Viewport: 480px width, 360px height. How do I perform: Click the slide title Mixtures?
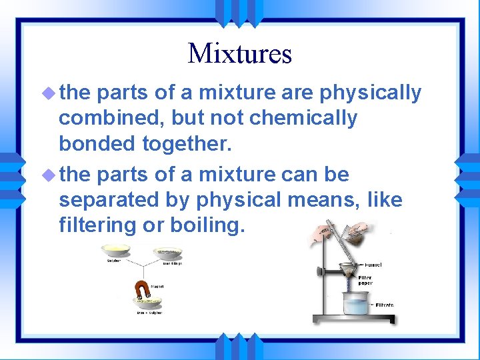[240, 53]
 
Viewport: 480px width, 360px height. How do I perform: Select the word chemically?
[303, 118]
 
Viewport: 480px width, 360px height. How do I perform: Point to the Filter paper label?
[365, 281]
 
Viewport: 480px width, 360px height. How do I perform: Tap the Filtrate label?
[384, 305]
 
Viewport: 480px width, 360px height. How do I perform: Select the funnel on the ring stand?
[347, 271]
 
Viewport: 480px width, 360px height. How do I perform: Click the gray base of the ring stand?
[353, 319]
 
